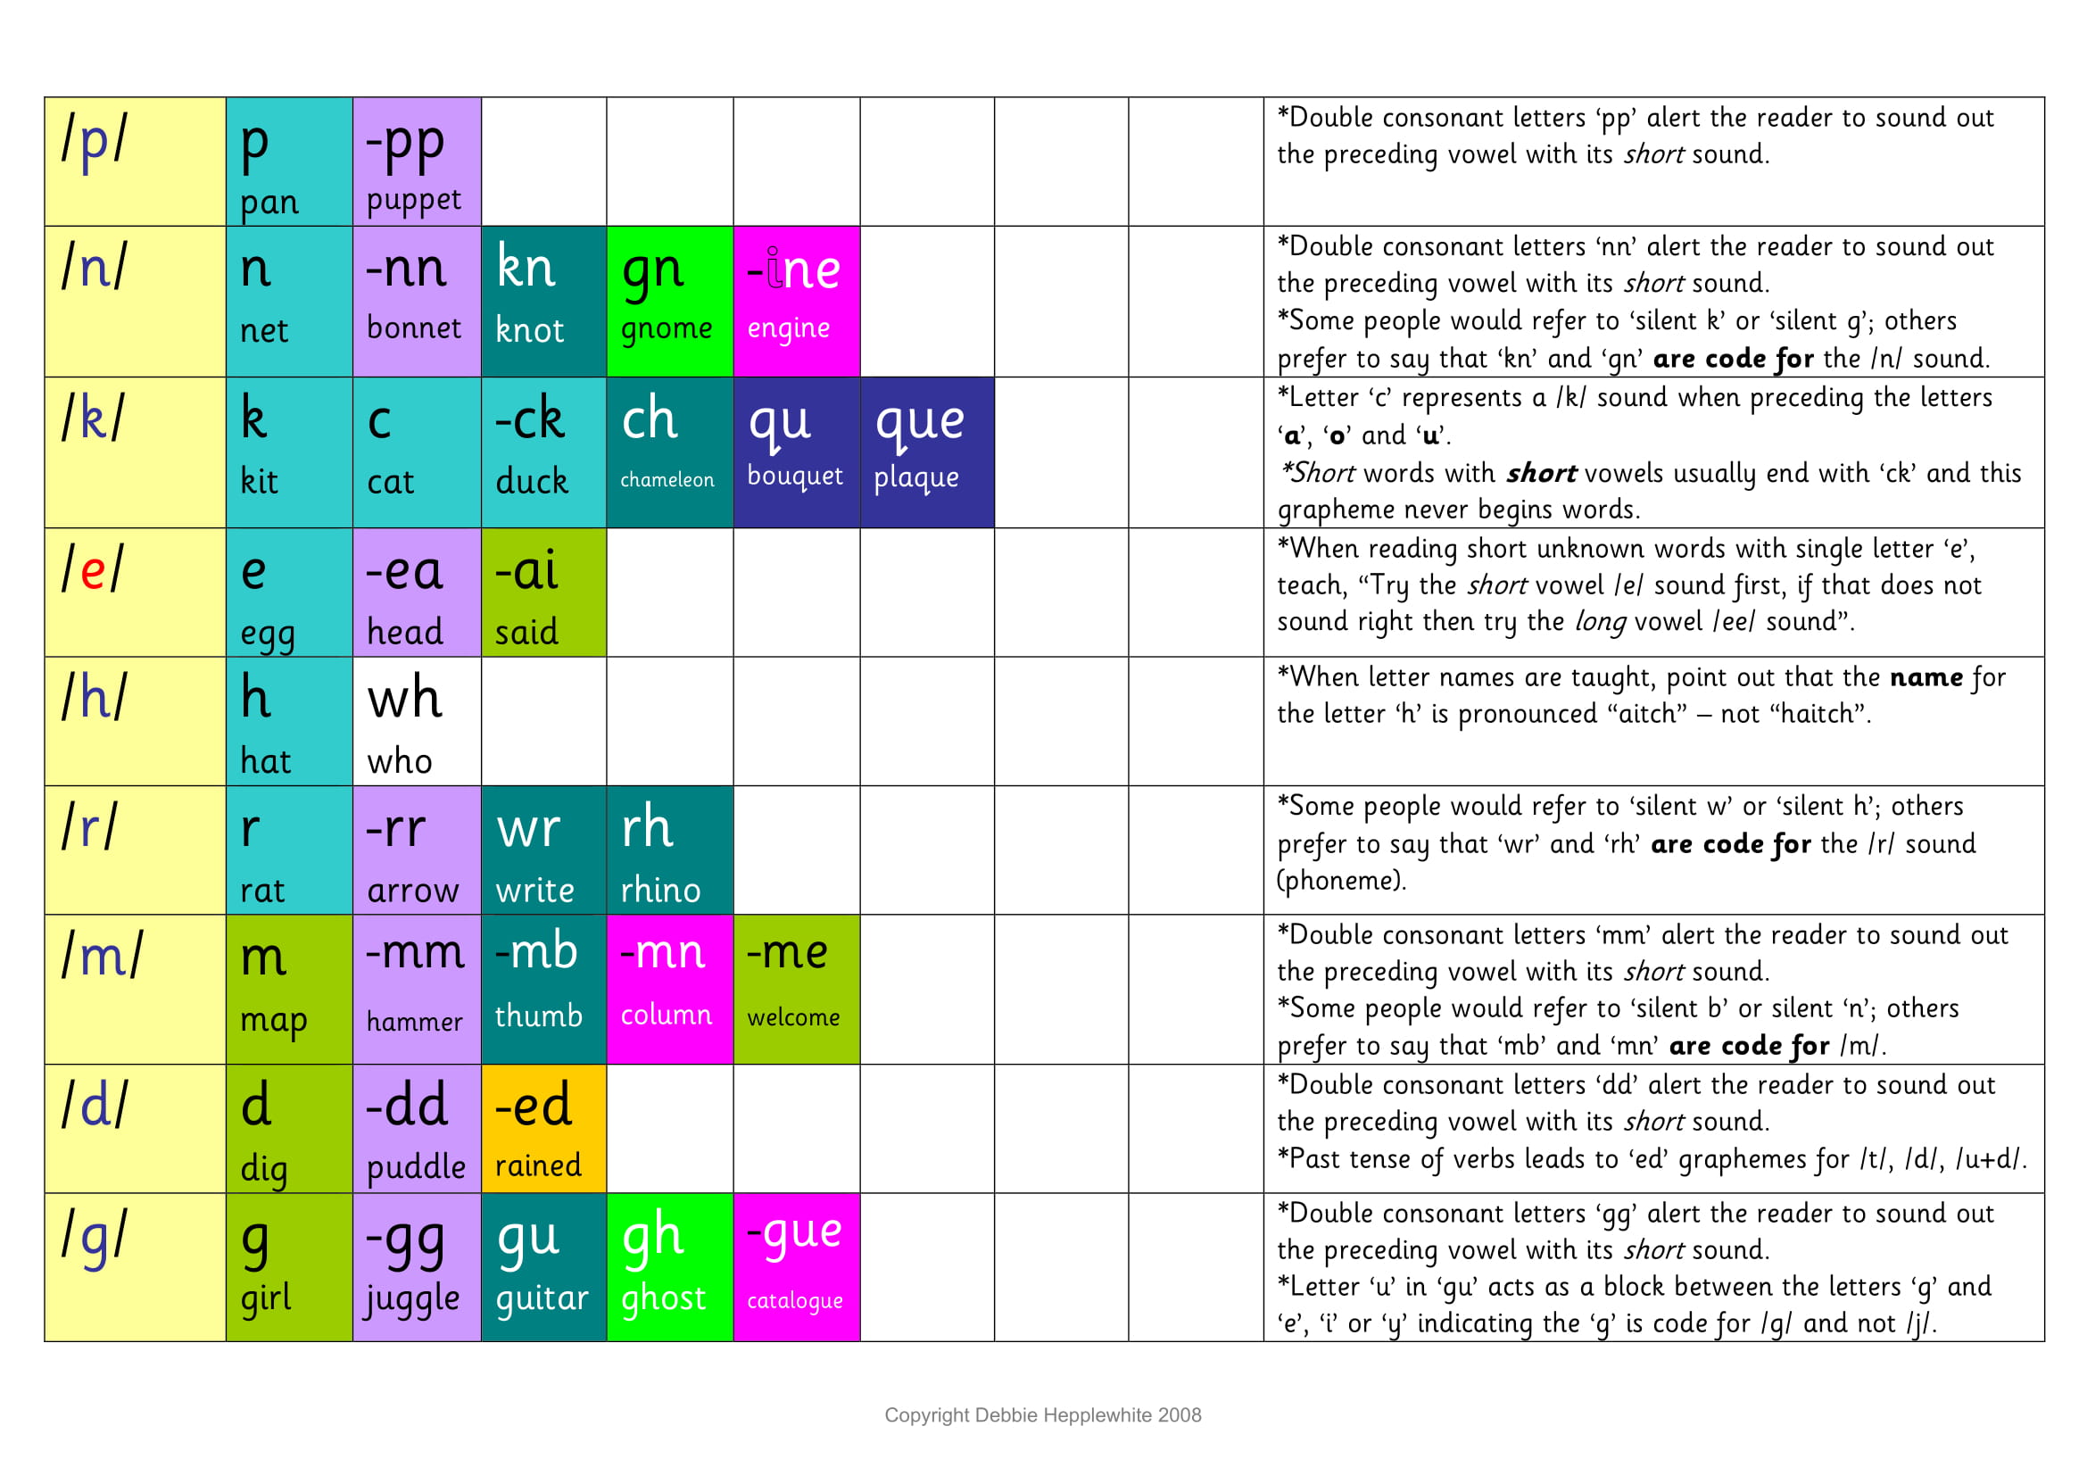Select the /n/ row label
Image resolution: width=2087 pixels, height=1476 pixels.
click(95, 268)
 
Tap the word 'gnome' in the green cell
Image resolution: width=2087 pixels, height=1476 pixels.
click(667, 329)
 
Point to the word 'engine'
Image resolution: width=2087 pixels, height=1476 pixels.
click(788, 329)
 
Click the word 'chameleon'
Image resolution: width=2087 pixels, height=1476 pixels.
click(667, 480)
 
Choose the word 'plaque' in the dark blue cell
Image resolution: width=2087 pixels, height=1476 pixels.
click(916, 478)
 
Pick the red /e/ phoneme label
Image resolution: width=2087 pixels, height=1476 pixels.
click(93, 571)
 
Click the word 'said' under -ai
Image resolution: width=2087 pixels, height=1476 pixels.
click(526, 633)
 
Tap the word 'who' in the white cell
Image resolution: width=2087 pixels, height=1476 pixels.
click(399, 761)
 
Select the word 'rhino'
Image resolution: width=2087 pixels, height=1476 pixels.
click(661, 891)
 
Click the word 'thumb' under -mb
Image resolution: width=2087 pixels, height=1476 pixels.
click(538, 1016)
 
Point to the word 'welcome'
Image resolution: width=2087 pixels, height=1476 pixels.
click(793, 1018)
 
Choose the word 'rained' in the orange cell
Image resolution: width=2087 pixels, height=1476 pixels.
click(538, 1166)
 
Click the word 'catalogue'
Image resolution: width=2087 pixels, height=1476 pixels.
click(794, 1301)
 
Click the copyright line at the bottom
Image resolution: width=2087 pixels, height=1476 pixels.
click(1042, 1415)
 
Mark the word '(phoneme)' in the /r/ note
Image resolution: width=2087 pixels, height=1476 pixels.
click(1341, 881)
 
